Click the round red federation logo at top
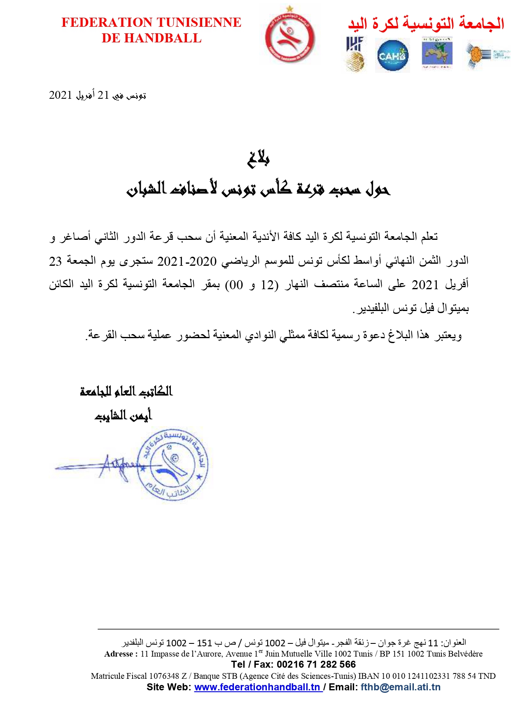click(x=290, y=37)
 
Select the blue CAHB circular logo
click(x=392, y=55)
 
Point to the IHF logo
click(x=355, y=53)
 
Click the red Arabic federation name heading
click(x=426, y=23)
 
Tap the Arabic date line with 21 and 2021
click(x=98, y=95)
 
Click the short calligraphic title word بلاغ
click(x=258, y=159)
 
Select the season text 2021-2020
click(x=187, y=261)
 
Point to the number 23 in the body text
click(x=56, y=261)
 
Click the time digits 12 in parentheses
click(x=268, y=285)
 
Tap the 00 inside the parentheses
click(x=236, y=285)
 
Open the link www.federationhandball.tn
click(x=257, y=687)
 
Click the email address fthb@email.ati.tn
click(x=400, y=687)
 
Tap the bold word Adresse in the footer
click(x=119, y=654)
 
